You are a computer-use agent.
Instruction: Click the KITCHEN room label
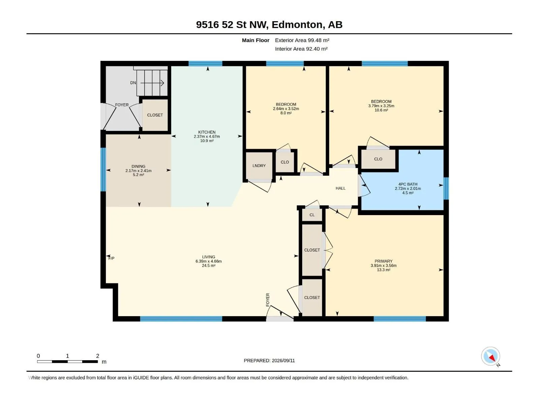[207, 132]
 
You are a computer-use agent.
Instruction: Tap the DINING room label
[138, 166]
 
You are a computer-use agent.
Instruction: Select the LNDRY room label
[259, 166]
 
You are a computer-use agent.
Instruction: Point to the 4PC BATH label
[408, 184]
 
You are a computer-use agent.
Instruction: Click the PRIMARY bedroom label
[383, 261]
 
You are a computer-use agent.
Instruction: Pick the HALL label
[340, 188]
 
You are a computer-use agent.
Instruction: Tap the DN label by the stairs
[133, 83]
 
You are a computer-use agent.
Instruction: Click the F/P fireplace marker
[111, 258]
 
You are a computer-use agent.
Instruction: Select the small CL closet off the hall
[312, 215]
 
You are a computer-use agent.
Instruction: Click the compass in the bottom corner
[490, 356]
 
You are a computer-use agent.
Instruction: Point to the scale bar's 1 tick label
[67, 356]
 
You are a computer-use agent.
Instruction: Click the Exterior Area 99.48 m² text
[302, 40]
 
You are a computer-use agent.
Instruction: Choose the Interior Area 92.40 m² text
[301, 49]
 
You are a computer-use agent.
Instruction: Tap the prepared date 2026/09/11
[283, 361]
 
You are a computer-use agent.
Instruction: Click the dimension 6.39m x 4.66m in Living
[209, 261]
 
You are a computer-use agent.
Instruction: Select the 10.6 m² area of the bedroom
[381, 110]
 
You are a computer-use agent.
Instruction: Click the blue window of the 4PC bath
[446, 189]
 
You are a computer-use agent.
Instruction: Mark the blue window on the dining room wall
[103, 169]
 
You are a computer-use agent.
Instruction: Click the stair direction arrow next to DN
[152, 83]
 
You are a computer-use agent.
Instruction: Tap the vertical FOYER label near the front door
[268, 300]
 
